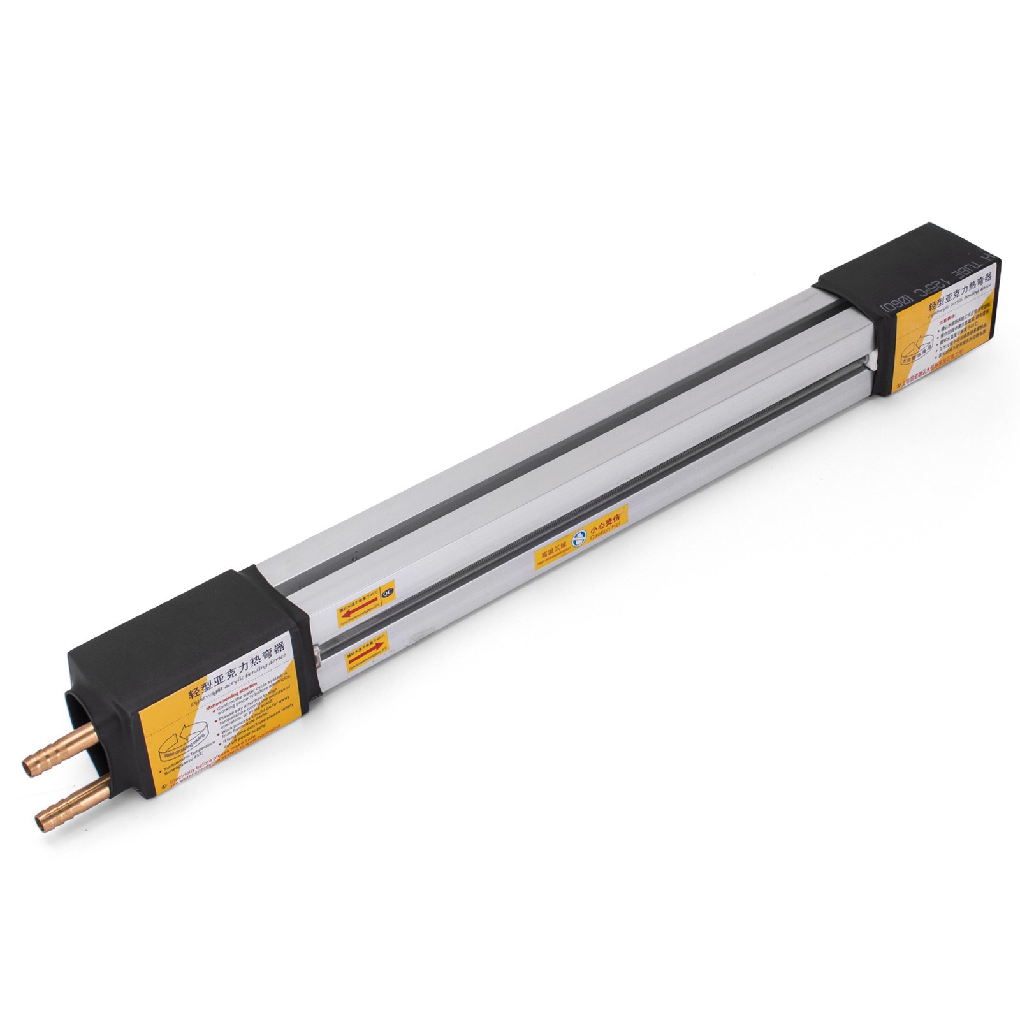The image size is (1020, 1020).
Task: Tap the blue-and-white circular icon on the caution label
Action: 579,536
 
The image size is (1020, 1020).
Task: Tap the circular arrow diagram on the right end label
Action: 918,351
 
